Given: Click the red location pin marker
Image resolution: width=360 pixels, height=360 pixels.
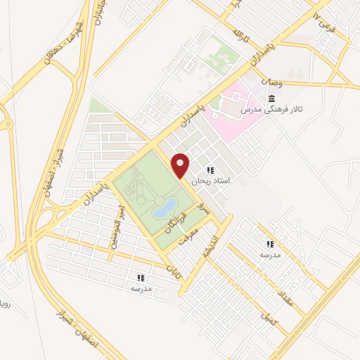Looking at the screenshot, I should click(x=181, y=165).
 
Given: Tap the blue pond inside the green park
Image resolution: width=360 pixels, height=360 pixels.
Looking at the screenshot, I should click(x=165, y=207).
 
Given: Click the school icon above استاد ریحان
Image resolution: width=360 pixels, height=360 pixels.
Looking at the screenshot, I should click(x=210, y=170).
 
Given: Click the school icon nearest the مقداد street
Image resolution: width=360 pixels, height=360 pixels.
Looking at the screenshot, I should click(x=270, y=244).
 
